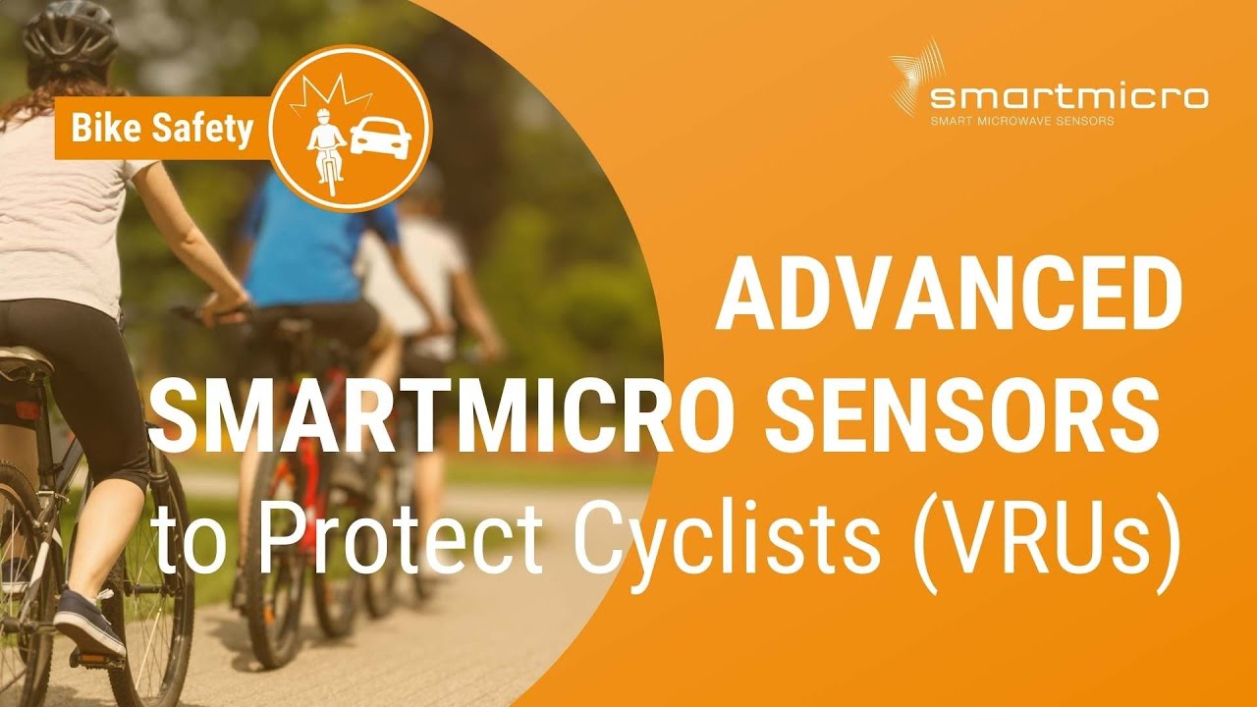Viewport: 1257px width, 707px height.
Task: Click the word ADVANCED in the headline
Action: [948, 298]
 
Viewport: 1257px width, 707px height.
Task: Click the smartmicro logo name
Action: [1068, 97]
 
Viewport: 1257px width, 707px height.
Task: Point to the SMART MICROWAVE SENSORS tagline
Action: [1021, 122]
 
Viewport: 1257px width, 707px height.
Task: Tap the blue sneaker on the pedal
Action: [88, 623]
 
